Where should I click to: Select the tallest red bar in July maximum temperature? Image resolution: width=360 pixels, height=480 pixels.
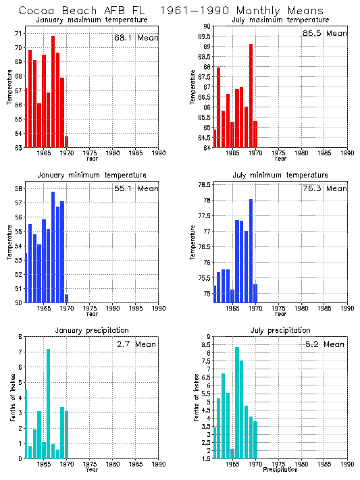251,95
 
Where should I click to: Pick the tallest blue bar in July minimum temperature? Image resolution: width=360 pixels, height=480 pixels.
251,250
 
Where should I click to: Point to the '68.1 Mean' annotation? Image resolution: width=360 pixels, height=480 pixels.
136,38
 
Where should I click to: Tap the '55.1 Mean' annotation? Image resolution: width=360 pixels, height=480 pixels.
136,188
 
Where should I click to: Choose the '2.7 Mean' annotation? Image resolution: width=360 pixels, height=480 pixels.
136,344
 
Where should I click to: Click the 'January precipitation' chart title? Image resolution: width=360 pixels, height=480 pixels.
92,330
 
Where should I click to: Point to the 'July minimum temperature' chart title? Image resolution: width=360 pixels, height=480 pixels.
280,174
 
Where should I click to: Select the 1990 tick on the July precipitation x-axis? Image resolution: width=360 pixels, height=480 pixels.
347,464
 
